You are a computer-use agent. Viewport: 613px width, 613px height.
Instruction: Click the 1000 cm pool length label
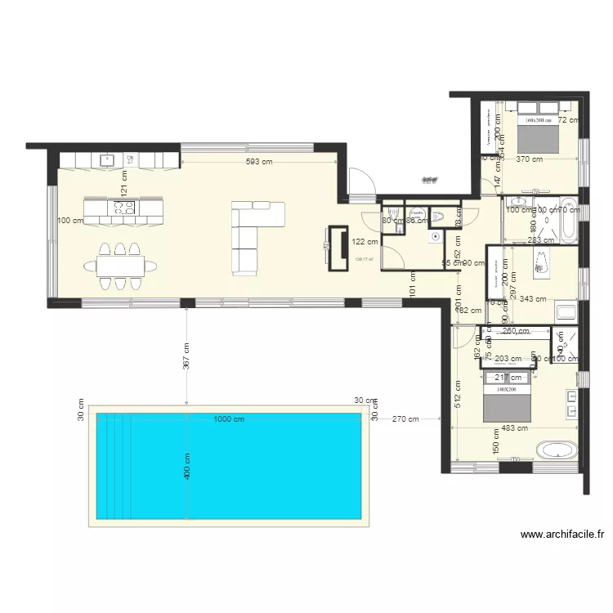(x=229, y=419)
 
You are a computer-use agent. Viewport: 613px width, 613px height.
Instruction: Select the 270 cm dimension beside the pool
(x=405, y=419)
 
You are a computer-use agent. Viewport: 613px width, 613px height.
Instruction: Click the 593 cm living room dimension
(x=259, y=162)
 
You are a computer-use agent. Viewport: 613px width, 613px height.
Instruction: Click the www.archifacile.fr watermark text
(x=562, y=535)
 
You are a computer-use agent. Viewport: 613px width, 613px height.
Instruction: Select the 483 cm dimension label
(x=515, y=427)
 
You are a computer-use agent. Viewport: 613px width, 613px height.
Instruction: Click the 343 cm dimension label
(x=533, y=299)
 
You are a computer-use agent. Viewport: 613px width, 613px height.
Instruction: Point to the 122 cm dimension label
(x=365, y=241)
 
